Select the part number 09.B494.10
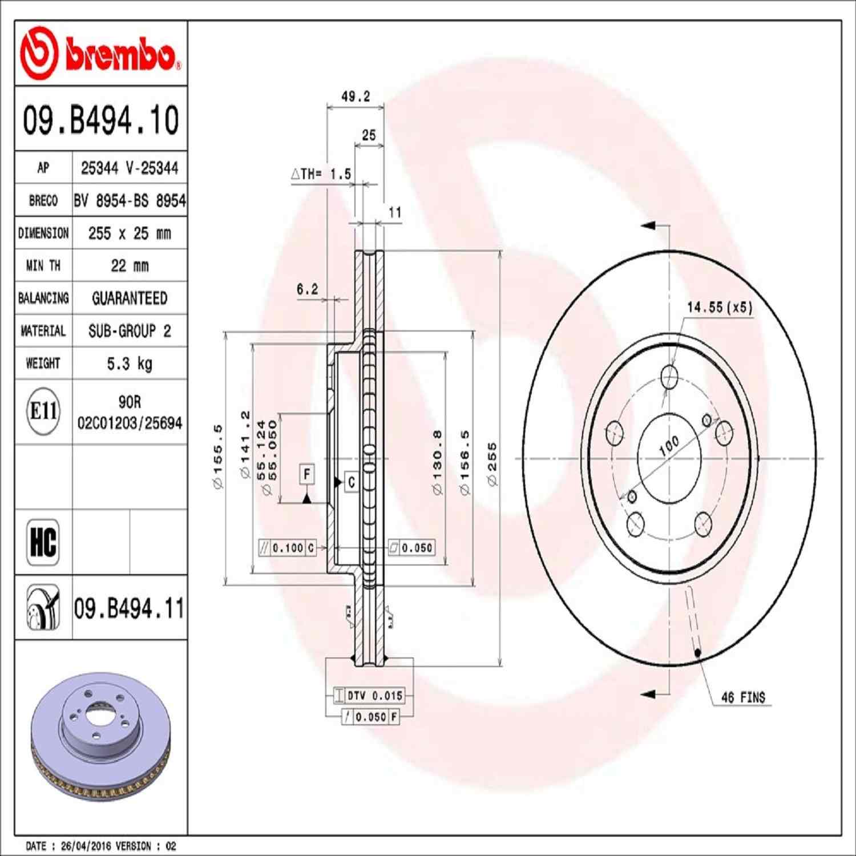click(100, 120)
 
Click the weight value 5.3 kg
click(130, 364)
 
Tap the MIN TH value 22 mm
click(130, 266)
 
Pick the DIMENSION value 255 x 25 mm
click(130, 233)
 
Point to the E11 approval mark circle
click(43, 411)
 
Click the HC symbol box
click(43, 542)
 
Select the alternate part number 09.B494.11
click(129, 608)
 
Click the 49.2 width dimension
click(355, 96)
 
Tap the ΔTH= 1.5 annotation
click(321, 174)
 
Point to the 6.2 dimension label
click(307, 289)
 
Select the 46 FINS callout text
click(743, 697)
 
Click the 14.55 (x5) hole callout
click(719, 307)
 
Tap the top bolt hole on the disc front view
click(669, 377)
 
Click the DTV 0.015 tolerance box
click(369, 696)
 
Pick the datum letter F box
click(307, 474)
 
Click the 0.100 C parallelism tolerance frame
click(288, 548)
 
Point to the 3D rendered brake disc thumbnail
click(100, 736)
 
